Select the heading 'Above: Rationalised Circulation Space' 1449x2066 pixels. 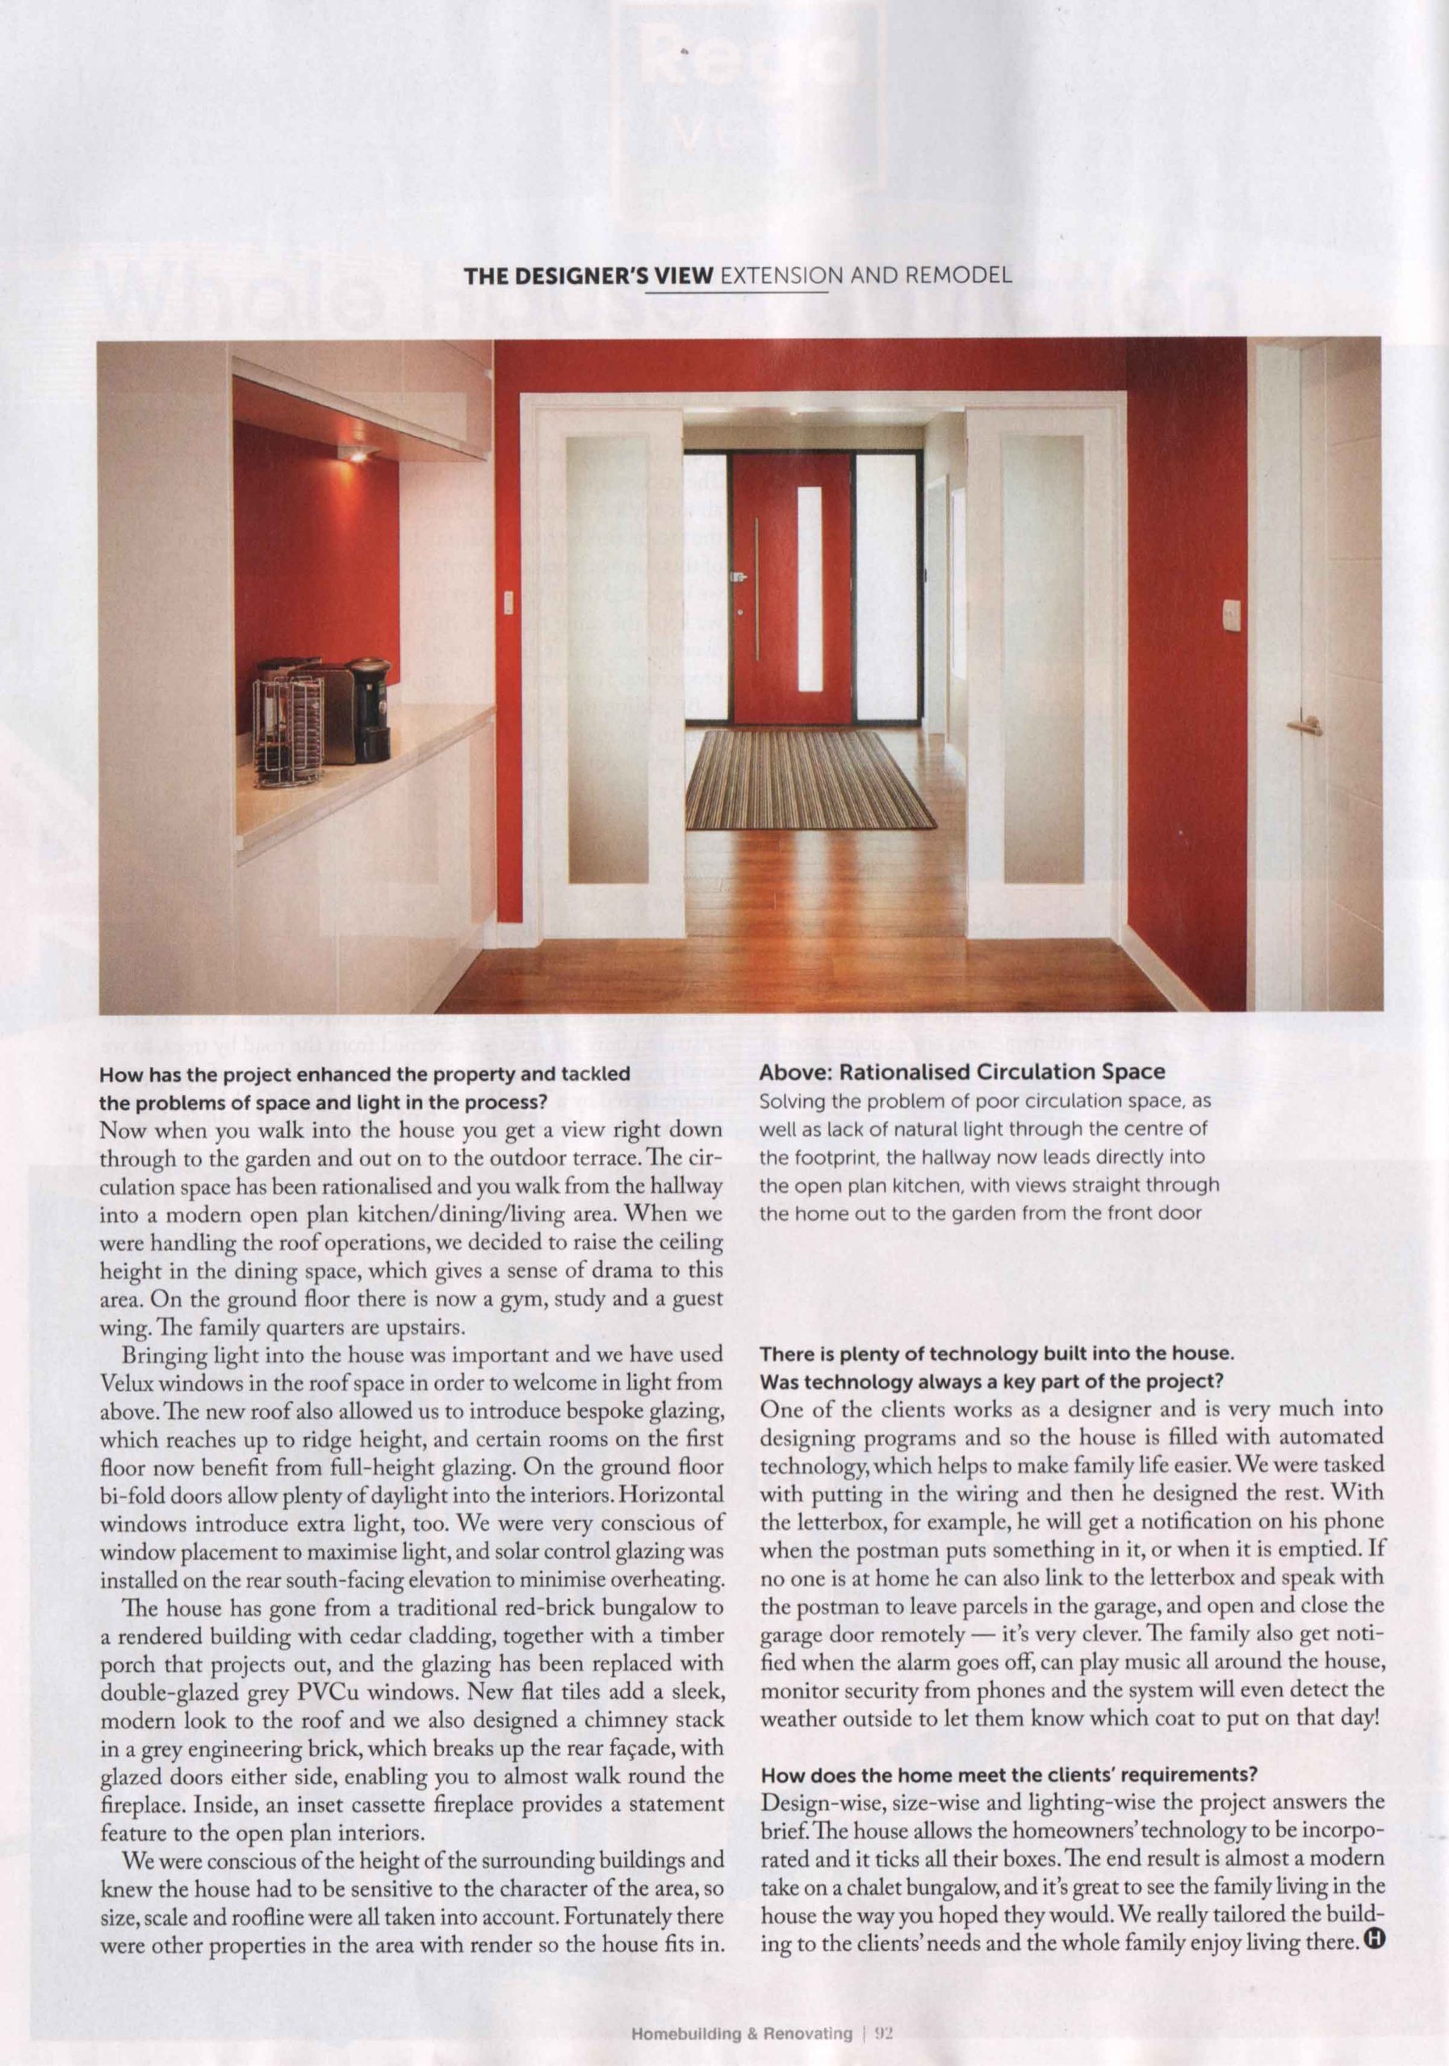pyautogui.click(x=962, y=1072)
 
